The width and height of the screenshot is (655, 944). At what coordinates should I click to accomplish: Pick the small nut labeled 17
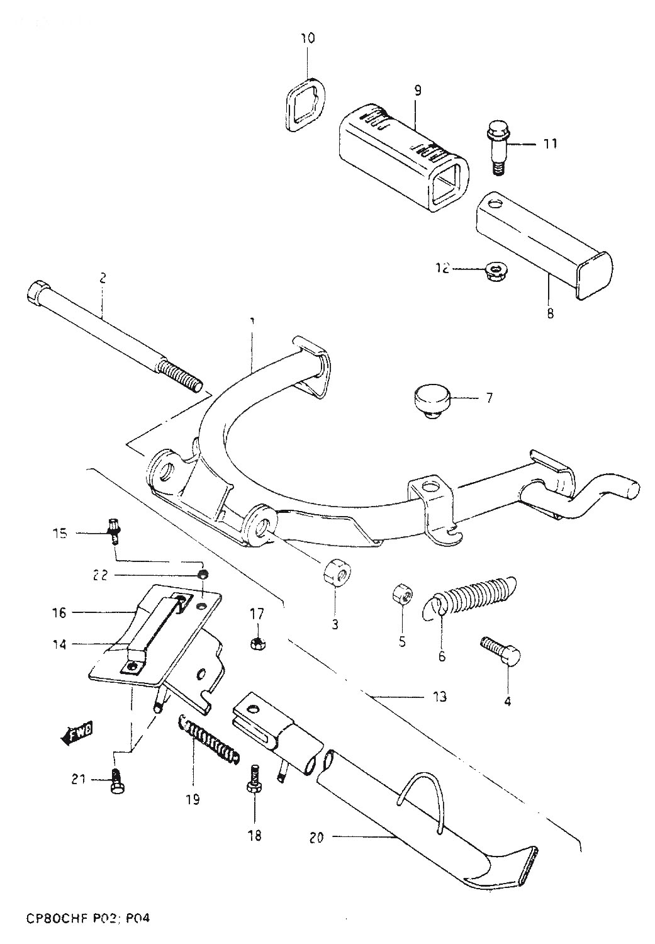coord(257,643)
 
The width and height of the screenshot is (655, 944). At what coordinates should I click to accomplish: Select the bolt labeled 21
coord(116,781)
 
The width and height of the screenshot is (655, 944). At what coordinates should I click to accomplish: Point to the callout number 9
coord(417,91)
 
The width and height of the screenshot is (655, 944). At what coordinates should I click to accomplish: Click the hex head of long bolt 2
coord(37,292)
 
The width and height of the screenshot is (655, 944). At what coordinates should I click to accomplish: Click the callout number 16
coord(59,612)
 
